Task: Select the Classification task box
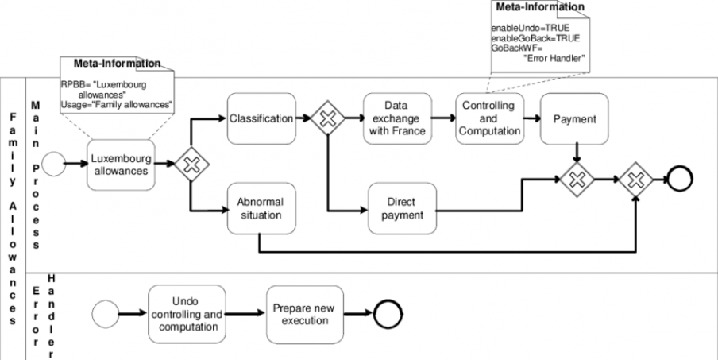[x=261, y=118]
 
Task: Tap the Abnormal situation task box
[x=261, y=208]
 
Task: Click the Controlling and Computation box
[x=488, y=118]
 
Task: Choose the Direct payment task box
[x=402, y=208]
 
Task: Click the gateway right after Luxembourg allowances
[x=190, y=165]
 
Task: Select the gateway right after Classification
[x=327, y=119]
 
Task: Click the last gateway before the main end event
[x=635, y=179]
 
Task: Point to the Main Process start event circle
[x=54, y=165]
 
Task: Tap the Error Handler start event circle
[x=104, y=314]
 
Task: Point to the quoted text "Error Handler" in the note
[x=554, y=57]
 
